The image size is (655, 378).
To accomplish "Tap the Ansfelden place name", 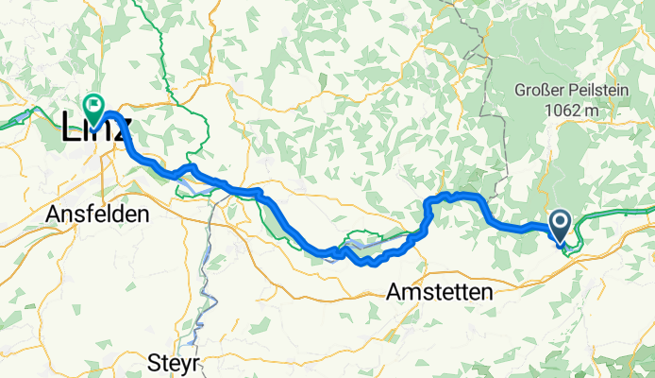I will click(97, 215).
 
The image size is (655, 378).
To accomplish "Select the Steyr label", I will click(176, 361).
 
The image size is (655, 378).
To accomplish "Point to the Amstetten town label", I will click(440, 293).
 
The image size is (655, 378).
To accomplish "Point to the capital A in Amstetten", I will click(394, 293).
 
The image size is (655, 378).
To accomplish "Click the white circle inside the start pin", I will click(560, 223).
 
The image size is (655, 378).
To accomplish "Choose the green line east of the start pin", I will click(613, 216).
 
